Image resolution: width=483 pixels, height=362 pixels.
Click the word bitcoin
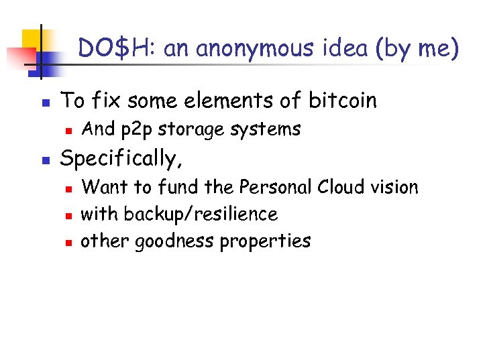[x=343, y=101]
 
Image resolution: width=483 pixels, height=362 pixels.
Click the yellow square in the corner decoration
[x=32, y=40]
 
